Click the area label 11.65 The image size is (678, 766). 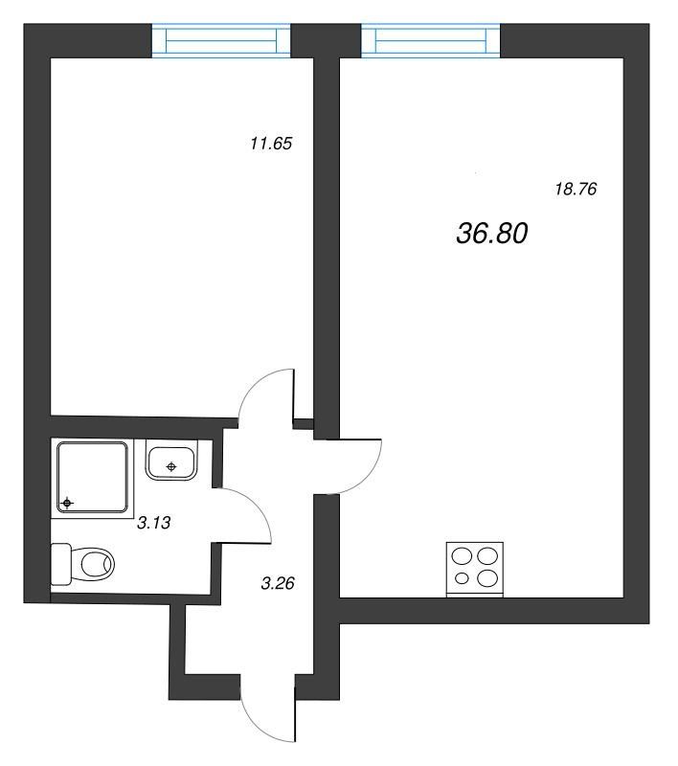coord(271,144)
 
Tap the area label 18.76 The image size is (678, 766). coord(576,189)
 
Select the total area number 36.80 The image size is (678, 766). coord(492,233)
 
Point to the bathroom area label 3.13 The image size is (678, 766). coord(154,523)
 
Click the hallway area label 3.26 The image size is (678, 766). coord(278,583)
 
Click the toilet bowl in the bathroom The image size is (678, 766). coord(93,565)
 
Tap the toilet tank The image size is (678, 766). coord(61,564)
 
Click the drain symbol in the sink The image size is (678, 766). coord(171,467)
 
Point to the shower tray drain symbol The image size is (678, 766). coord(67,503)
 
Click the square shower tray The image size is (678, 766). coord(92,478)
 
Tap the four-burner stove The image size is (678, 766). coord(475,569)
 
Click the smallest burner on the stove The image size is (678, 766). coord(462,579)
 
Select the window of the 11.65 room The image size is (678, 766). coord(221,40)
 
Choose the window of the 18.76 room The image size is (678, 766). coord(430,40)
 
